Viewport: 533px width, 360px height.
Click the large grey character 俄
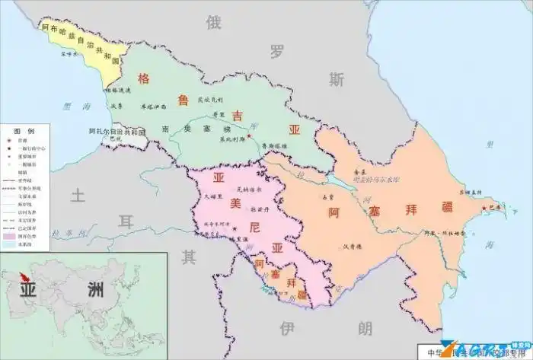point(213,23)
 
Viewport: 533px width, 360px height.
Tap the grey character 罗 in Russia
point(276,51)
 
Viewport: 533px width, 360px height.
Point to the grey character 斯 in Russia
point(337,79)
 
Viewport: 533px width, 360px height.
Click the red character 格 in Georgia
point(143,78)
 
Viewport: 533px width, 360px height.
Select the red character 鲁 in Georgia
point(184,100)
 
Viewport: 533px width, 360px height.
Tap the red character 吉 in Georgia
point(238,116)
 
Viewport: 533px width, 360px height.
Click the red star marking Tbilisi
point(248,136)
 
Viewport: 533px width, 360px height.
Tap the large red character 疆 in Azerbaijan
point(451,207)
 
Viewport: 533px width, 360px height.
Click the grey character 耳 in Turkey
point(127,221)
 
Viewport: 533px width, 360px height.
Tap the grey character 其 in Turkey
point(188,256)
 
